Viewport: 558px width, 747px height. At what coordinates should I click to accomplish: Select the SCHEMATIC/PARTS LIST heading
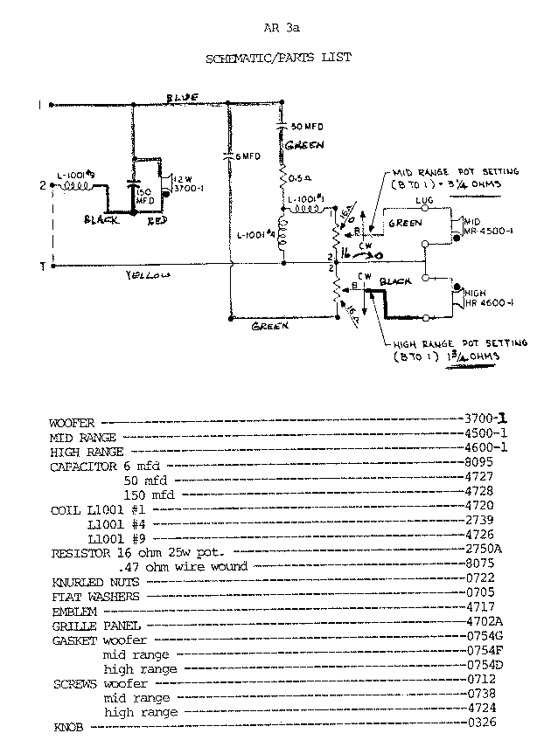[278, 58]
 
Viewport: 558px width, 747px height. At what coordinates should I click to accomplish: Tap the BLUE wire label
[185, 96]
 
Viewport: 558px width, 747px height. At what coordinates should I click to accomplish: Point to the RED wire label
[157, 221]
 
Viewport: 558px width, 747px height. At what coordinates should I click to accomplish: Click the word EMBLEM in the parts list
[73, 610]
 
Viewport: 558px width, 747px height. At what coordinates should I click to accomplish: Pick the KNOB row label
[68, 726]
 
